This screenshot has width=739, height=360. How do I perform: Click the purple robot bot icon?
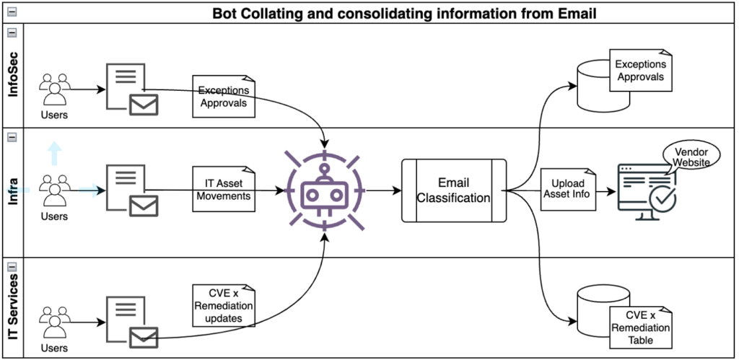coord(325,190)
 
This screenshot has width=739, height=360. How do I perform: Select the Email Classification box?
coord(453,190)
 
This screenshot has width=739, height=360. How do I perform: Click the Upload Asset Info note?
coord(568,189)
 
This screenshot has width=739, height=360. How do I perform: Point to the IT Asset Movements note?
coord(223,188)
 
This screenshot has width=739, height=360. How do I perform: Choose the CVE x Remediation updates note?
coord(222,304)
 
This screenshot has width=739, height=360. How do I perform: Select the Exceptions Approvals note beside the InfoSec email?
coord(224,96)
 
